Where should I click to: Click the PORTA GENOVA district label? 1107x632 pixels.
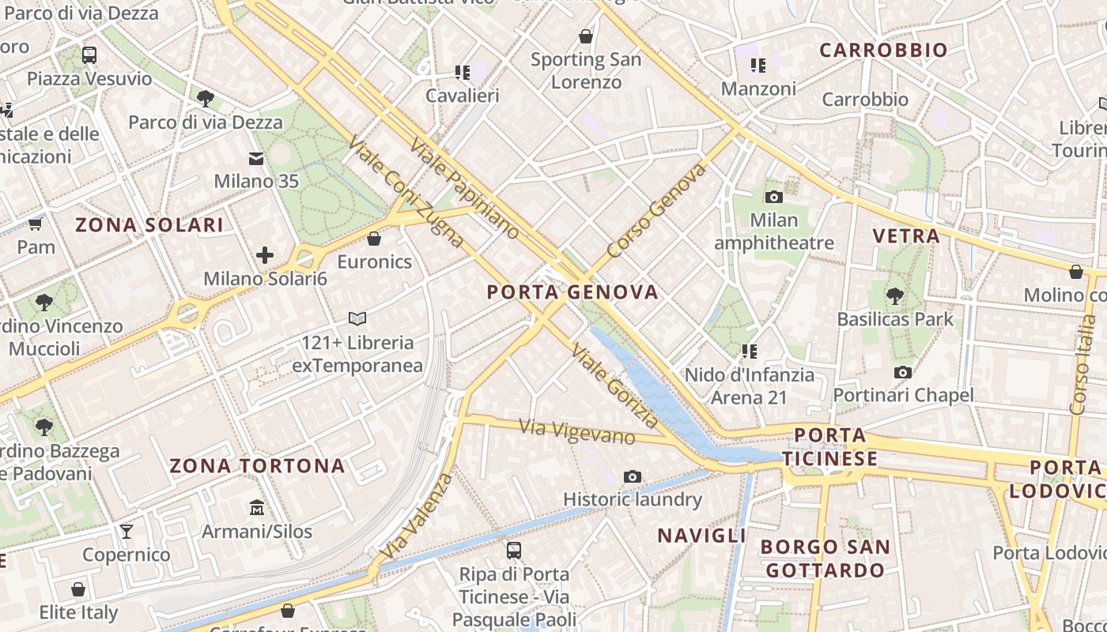(572, 292)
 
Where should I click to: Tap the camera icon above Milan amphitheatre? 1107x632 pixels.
(774, 197)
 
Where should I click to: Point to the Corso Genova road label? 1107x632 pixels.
(656, 212)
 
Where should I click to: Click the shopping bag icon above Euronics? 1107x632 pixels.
(374, 238)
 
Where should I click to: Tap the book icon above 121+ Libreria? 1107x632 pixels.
(357, 318)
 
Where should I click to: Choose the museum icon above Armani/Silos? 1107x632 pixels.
(257, 507)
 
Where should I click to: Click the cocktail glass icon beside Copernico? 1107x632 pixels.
(127, 531)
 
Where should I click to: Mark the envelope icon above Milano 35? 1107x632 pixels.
(256, 159)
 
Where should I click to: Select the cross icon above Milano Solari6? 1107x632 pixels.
(265, 255)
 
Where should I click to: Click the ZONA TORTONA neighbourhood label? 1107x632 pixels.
(258, 466)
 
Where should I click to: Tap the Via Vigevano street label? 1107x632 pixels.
(577, 431)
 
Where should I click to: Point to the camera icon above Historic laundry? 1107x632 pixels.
(633, 476)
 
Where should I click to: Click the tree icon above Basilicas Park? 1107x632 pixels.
(895, 296)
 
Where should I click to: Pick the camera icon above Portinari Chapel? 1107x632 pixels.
(903, 372)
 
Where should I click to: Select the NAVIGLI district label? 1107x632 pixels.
(702, 536)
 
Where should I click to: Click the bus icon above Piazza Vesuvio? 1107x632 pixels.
(89, 55)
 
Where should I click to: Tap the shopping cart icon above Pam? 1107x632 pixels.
(36, 224)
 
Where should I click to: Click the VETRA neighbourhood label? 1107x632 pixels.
(906, 235)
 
